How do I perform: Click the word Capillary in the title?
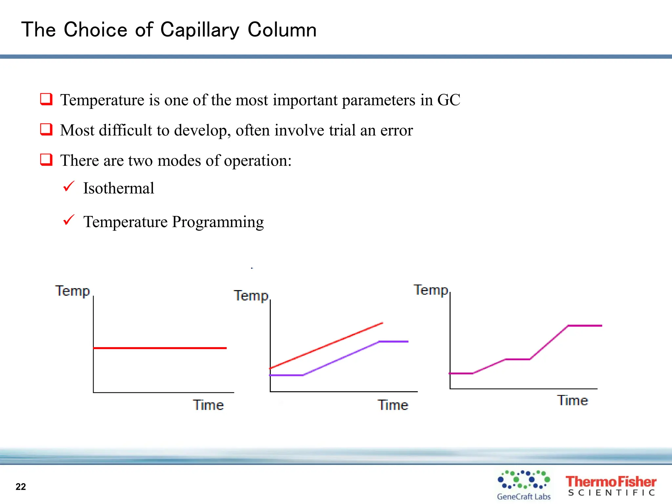[x=199, y=30]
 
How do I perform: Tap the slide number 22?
[x=21, y=487]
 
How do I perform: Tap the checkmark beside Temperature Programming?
[x=69, y=220]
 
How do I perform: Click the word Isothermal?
[x=118, y=188]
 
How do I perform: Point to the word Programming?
[x=218, y=222]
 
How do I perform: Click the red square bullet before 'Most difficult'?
[x=46, y=129]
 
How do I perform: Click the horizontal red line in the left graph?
[x=160, y=348]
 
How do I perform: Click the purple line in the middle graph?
[x=341, y=358]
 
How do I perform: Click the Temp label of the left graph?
[x=73, y=291]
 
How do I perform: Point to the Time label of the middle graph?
[x=393, y=405]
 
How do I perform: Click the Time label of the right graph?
[x=573, y=400]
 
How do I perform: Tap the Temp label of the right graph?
[x=431, y=290]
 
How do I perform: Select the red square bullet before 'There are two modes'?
[x=46, y=160]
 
